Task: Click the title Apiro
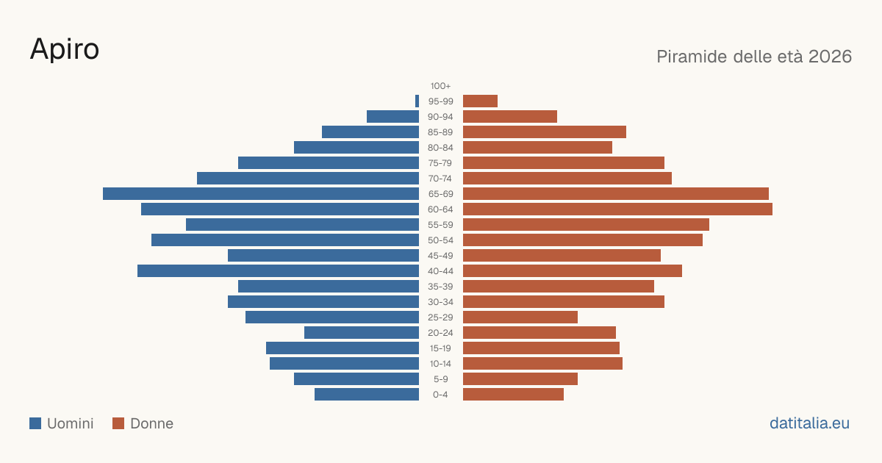[x=65, y=49]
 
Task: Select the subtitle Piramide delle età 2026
[x=754, y=57]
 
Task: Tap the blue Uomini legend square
[x=35, y=423]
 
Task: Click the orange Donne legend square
[x=118, y=423]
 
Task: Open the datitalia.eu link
[x=809, y=423]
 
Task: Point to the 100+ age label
[x=440, y=86]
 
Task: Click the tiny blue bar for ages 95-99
[x=417, y=101]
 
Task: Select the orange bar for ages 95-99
[x=481, y=101]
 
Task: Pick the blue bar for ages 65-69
[x=261, y=194]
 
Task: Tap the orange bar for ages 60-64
[x=618, y=209]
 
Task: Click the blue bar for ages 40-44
[x=279, y=271]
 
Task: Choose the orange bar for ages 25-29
[x=520, y=317]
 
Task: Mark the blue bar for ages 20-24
[x=362, y=333]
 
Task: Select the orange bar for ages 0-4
[x=514, y=395]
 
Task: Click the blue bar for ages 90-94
[x=393, y=117]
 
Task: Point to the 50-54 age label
[x=440, y=240]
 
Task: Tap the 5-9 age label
[x=440, y=379]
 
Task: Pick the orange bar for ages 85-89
[x=545, y=132]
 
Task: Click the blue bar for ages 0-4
[x=367, y=395]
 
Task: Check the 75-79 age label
[x=440, y=163]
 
